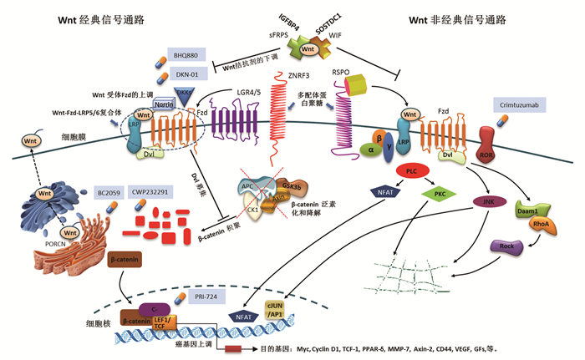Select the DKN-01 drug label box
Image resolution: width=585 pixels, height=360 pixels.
tap(186, 74)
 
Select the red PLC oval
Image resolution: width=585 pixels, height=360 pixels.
tap(410, 171)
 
